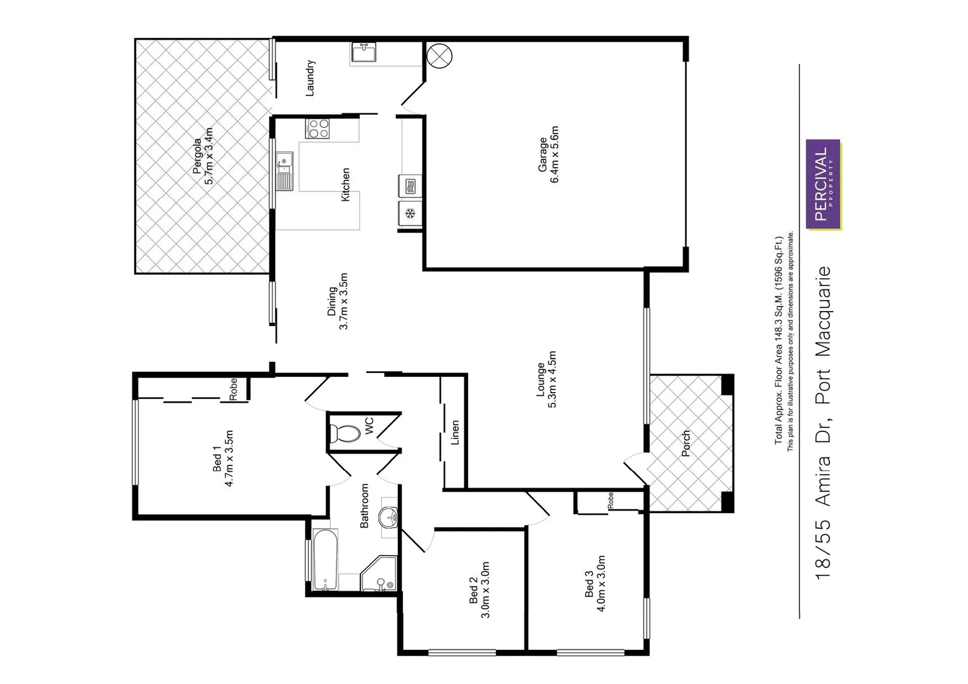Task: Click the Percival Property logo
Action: tap(822, 184)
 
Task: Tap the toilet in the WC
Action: tap(345, 433)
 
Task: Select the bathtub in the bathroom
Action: tap(323, 559)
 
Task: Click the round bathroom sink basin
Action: tap(388, 517)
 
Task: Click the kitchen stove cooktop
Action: tap(318, 129)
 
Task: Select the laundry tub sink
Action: tap(363, 52)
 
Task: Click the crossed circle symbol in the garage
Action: tap(440, 55)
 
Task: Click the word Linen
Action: tap(454, 433)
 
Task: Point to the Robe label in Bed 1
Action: tap(233, 389)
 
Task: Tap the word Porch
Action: tap(685, 443)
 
